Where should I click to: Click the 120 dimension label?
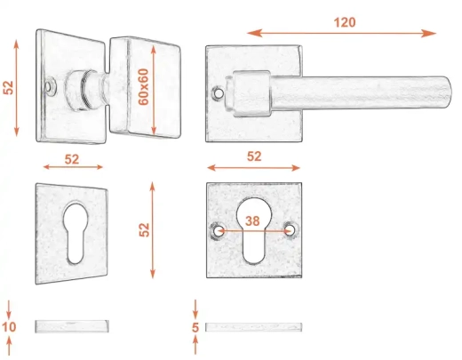pos(345,22)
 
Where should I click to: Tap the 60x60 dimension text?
pos(144,87)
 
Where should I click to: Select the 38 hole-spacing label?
pos(252,221)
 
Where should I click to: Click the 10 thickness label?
pos(9,327)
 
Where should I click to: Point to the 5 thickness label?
pos(195,328)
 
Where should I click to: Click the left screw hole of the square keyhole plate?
pos(219,231)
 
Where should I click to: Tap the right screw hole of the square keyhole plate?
pos(290,229)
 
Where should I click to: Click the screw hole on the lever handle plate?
pos(219,93)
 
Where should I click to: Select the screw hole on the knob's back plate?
pos(48,86)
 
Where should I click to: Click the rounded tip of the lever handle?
pos(447,92)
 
